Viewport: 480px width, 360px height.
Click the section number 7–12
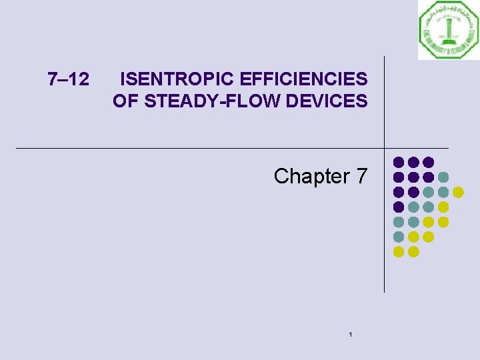(69, 80)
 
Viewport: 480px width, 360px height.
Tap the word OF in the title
(124, 101)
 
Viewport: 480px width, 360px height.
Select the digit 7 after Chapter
(361, 176)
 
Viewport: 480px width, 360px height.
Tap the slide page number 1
(350, 334)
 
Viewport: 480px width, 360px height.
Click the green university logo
(449, 29)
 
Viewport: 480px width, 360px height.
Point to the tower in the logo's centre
(449, 29)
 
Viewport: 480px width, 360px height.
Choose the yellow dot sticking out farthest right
(458, 192)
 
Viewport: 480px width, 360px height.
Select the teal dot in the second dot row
(443, 177)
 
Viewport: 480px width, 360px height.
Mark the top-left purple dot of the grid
(399, 162)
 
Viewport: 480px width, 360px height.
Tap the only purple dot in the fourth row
(399, 207)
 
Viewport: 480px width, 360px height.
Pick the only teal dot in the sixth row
(399, 237)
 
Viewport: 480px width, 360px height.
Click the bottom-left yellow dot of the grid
(399, 251)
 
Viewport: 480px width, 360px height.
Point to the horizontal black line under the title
(200, 147)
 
